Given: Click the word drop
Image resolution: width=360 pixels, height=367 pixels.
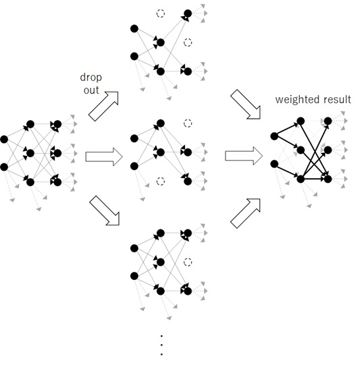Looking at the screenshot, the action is pyautogui.click(x=91, y=78).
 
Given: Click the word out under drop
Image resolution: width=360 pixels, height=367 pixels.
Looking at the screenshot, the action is pyautogui.click(x=91, y=90).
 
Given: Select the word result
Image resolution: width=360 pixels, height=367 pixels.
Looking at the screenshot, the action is pyautogui.click(x=338, y=99).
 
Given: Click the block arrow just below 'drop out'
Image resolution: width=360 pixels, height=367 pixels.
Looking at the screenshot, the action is pyautogui.click(x=103, y=107).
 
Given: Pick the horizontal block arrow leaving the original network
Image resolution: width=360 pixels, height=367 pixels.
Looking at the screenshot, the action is pyautogui.click(x=104, y=157).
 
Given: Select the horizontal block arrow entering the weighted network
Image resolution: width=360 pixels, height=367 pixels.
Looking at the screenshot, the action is pyautogui.click(x=244, y=156).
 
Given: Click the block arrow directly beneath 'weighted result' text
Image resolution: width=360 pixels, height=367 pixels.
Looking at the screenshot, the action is pyautogui.click(x=246, y=104).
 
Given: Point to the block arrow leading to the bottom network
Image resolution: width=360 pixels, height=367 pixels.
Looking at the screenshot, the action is pyautogui.click(x=105, y=210).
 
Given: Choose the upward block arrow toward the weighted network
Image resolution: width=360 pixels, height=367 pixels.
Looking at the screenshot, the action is pyautogui.click(x=245, y=213).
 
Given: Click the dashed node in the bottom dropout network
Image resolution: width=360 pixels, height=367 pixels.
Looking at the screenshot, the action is pyautogui.click(x=188, y=262).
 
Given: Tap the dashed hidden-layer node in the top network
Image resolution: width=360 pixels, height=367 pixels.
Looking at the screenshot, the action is pyautogui.click(x=161, y=13).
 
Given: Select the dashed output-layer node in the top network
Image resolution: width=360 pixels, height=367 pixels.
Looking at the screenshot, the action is pyautogui.click(x=188, y=43).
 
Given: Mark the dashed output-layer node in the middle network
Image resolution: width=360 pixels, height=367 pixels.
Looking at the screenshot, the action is pyautogui.click(x=188, y=123).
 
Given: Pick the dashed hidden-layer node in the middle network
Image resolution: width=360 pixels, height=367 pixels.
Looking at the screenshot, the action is pyautogui.click(x=161, y=181).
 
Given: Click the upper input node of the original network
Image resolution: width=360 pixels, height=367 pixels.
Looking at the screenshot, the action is pyautogui.click(x=4, y=139).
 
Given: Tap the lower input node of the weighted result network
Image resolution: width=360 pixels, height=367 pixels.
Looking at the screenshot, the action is pyautogui.click(x=274, y=164).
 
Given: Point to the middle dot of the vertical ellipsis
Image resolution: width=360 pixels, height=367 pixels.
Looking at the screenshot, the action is pyautogui.click(x=161, y=345).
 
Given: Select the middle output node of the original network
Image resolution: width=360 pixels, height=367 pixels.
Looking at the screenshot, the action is pyautogui.click(x=57, y=153).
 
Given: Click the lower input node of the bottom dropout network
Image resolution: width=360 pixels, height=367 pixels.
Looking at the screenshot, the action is pyautogui.click(x=134, y=276).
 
